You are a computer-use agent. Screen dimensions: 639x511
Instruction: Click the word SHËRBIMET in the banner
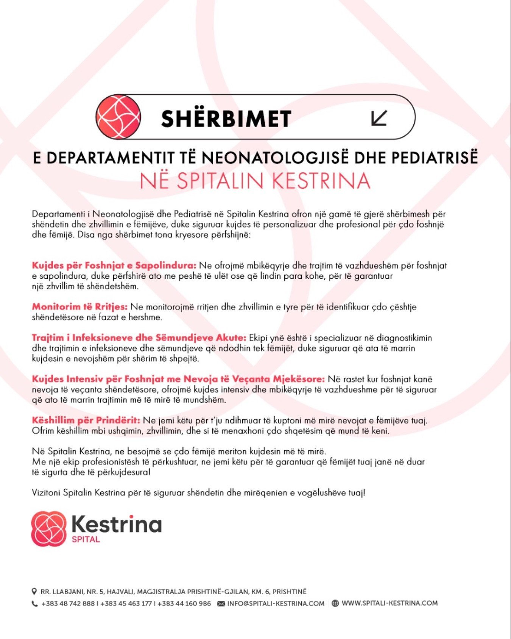pos(226,119)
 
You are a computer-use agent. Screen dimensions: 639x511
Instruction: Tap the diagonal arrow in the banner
pos(379,117)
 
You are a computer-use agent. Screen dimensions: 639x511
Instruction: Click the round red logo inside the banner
pos(118,117)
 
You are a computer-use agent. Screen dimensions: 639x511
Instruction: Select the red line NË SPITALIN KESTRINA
pos(255,181)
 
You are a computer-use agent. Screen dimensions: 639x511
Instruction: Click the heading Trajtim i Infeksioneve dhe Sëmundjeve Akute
pos(139,338)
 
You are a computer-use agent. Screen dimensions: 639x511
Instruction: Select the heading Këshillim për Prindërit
pos(86,420)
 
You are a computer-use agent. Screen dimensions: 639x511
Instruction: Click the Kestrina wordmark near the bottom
pos(117,525)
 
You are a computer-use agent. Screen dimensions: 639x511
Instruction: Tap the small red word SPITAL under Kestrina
pos(86,539)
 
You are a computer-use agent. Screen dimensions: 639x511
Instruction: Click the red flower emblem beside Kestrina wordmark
pos(48,529)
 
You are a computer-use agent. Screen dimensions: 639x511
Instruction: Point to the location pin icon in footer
pos(34,591)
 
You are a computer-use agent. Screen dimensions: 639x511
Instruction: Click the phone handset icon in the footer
pos(34,604)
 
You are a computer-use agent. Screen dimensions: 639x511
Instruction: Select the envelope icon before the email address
pos(221,604)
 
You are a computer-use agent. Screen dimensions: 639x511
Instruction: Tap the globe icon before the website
pos(335,603)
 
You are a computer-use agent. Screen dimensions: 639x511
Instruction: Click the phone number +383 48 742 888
pos(68,604)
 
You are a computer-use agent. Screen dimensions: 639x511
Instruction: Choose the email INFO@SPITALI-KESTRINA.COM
pos(276,604)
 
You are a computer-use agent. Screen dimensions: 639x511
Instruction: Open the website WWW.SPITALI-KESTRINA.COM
pos(389,603)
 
